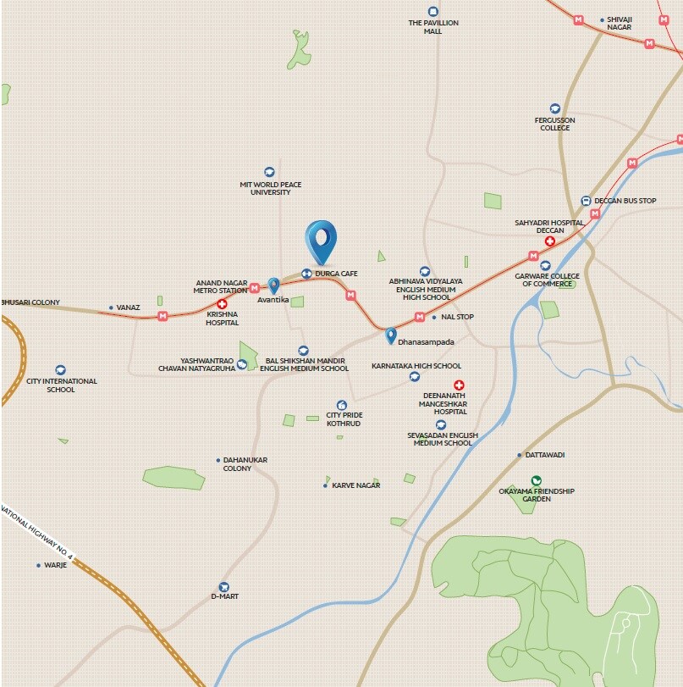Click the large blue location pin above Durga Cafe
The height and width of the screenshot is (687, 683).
(x=321, y=240)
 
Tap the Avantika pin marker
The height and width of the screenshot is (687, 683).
(x=273, y=286)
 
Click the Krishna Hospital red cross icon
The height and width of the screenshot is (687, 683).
(x=223, y=303)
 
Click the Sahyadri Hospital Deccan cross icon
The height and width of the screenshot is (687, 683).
(x=549, y=241)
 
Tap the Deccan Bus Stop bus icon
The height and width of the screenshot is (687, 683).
(x=586, y=201)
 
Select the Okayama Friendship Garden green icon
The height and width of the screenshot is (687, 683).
(x=536, y=481)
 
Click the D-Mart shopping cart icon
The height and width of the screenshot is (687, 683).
(x=224, y=586)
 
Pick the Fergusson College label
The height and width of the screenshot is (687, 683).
(x=555, y=124)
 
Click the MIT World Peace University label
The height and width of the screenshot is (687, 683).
(x=270, y=188)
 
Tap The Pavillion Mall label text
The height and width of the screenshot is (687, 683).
(x=433, y=27)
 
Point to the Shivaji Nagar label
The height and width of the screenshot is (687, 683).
(x=620, y=23)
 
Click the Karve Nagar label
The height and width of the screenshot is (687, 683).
(x=355, y=485)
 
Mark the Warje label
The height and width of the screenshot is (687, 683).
(x=55, y=565)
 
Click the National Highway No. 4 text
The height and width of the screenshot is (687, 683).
(x=37, y=533)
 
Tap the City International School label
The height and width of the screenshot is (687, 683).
(x=61, y=385)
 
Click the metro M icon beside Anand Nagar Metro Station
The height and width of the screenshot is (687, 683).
(x=254, y=288)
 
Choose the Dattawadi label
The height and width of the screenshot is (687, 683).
(x=544, y=455)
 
